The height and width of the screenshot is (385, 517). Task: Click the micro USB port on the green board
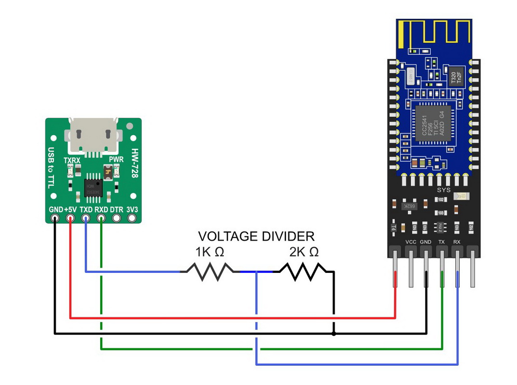94,136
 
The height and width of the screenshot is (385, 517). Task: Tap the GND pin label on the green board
55,210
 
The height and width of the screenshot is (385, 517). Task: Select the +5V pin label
70,210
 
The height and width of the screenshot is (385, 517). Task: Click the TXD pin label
86,210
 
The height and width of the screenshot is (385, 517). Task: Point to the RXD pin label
101,210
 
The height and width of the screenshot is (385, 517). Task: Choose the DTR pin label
116,210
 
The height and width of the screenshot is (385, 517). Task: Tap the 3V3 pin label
131,210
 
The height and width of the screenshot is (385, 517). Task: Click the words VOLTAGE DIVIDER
256,236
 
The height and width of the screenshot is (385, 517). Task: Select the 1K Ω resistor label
209,252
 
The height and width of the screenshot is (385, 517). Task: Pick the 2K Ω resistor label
304,252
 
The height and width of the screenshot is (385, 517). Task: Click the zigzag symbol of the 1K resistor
210,271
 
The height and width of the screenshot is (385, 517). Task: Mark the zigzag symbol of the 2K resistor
303,271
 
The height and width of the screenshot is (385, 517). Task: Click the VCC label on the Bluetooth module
411,242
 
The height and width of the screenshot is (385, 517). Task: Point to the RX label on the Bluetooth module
457,242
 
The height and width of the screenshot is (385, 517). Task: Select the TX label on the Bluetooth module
442,242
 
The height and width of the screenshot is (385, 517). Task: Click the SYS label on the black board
443,190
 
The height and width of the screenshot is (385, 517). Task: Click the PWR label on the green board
116,159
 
